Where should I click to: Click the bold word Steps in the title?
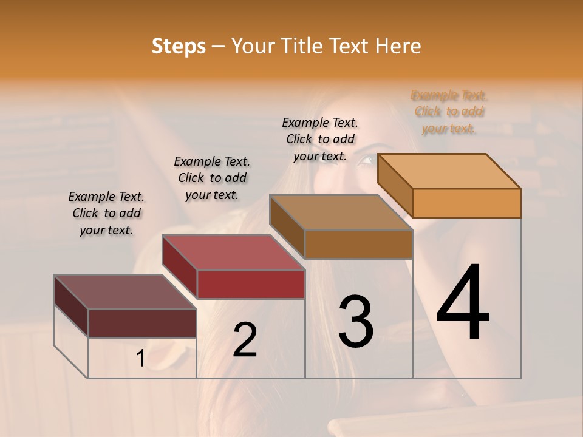[179, 46]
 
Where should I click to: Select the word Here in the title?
[398, 46]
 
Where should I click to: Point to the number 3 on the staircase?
[356, 322]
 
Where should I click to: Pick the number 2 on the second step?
[245, 340]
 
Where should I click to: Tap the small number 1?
[140, 359]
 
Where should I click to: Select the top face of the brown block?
[341, 212]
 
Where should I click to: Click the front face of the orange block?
[466, 203]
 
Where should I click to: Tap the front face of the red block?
[251, 284]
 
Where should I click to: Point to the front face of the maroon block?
[142, 323]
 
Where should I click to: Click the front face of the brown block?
[358, 244]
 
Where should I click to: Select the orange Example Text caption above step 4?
[449, 112]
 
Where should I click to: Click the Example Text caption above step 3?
[320, 139]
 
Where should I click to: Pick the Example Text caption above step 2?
[212, 178]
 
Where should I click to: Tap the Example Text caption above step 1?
[106, 213]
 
